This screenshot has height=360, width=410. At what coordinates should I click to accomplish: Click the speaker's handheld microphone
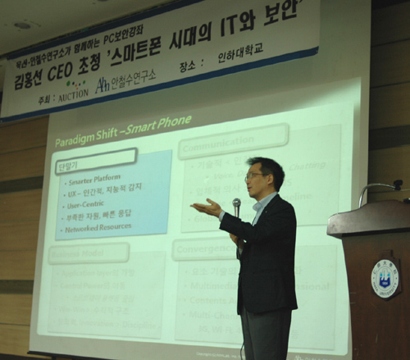tap(236, 204)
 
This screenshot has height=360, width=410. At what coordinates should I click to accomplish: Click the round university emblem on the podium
tap(385, 277)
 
